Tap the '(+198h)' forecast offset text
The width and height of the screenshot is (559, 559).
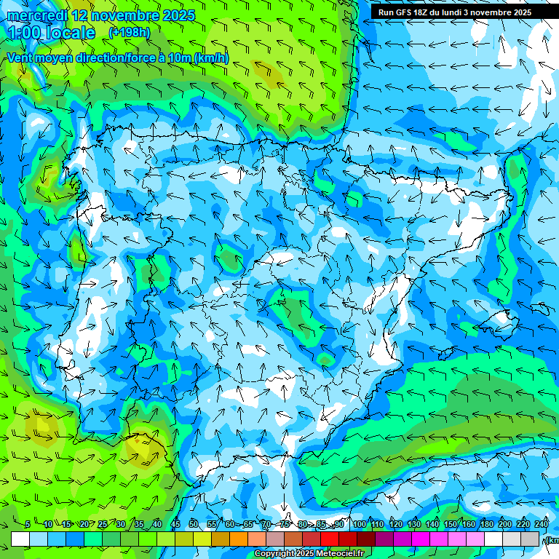click(x=129, y=33)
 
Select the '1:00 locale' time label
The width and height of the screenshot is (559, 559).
click(x=51, y=33)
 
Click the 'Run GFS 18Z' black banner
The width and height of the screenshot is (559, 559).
click(x=451, y=12)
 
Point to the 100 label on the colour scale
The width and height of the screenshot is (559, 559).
click(x=359, y=525)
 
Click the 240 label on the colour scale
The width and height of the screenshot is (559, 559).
click(x=541, y=525)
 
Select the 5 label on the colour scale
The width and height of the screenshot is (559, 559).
click(x=28, y=525)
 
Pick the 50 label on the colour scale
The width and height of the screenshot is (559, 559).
click(x=194, y=525)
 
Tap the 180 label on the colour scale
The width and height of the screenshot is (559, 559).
click(x=486, y=525)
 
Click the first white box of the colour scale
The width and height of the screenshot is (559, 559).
click(x=20, y=539)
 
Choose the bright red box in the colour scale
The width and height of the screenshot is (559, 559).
click(x=330, y=539)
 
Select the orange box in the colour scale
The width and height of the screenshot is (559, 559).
click(x=239, y=539)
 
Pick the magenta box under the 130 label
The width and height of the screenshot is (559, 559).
click(x=421, y=539)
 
